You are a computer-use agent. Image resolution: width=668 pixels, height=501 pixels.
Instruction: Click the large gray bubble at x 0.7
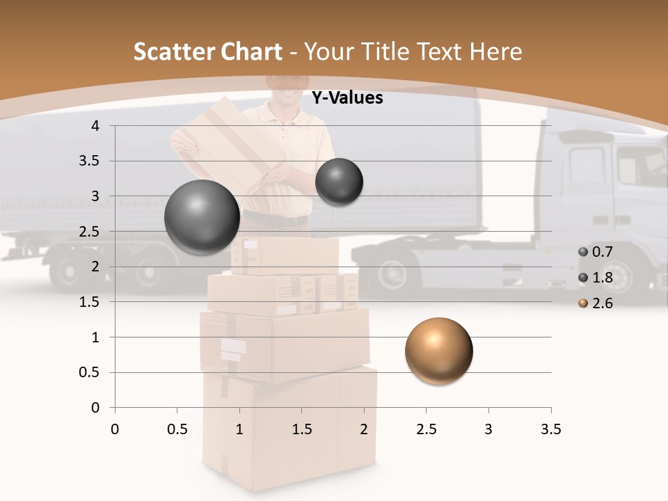click(x=202, y=217)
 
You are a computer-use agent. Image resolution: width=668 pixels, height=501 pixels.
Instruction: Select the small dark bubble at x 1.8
click(x=339, y=182)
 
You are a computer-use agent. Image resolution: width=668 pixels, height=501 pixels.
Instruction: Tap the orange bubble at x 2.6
click(x=438, y=351)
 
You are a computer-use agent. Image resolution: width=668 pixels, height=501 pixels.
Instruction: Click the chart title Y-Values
click(x=347, y=98)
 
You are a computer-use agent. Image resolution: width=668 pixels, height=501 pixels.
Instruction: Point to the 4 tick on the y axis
click(x=95, y=126)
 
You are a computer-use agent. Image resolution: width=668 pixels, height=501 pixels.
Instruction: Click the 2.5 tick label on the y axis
click(x=90, y=232)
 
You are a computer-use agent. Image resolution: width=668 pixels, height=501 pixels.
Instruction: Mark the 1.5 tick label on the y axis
click(x=90, y=302)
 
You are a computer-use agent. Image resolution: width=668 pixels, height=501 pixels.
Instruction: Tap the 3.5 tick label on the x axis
click(x=550, y=429)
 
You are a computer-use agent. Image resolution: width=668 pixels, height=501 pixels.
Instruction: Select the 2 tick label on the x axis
click(x=364, y=429)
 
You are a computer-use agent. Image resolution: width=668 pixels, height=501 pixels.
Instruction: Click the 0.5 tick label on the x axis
click(x=177, y=429)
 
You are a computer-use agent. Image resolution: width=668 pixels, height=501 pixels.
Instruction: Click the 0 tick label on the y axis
click(x=95, y=408)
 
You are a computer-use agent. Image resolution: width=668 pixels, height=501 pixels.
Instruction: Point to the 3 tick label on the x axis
click(x=488, y=429)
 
